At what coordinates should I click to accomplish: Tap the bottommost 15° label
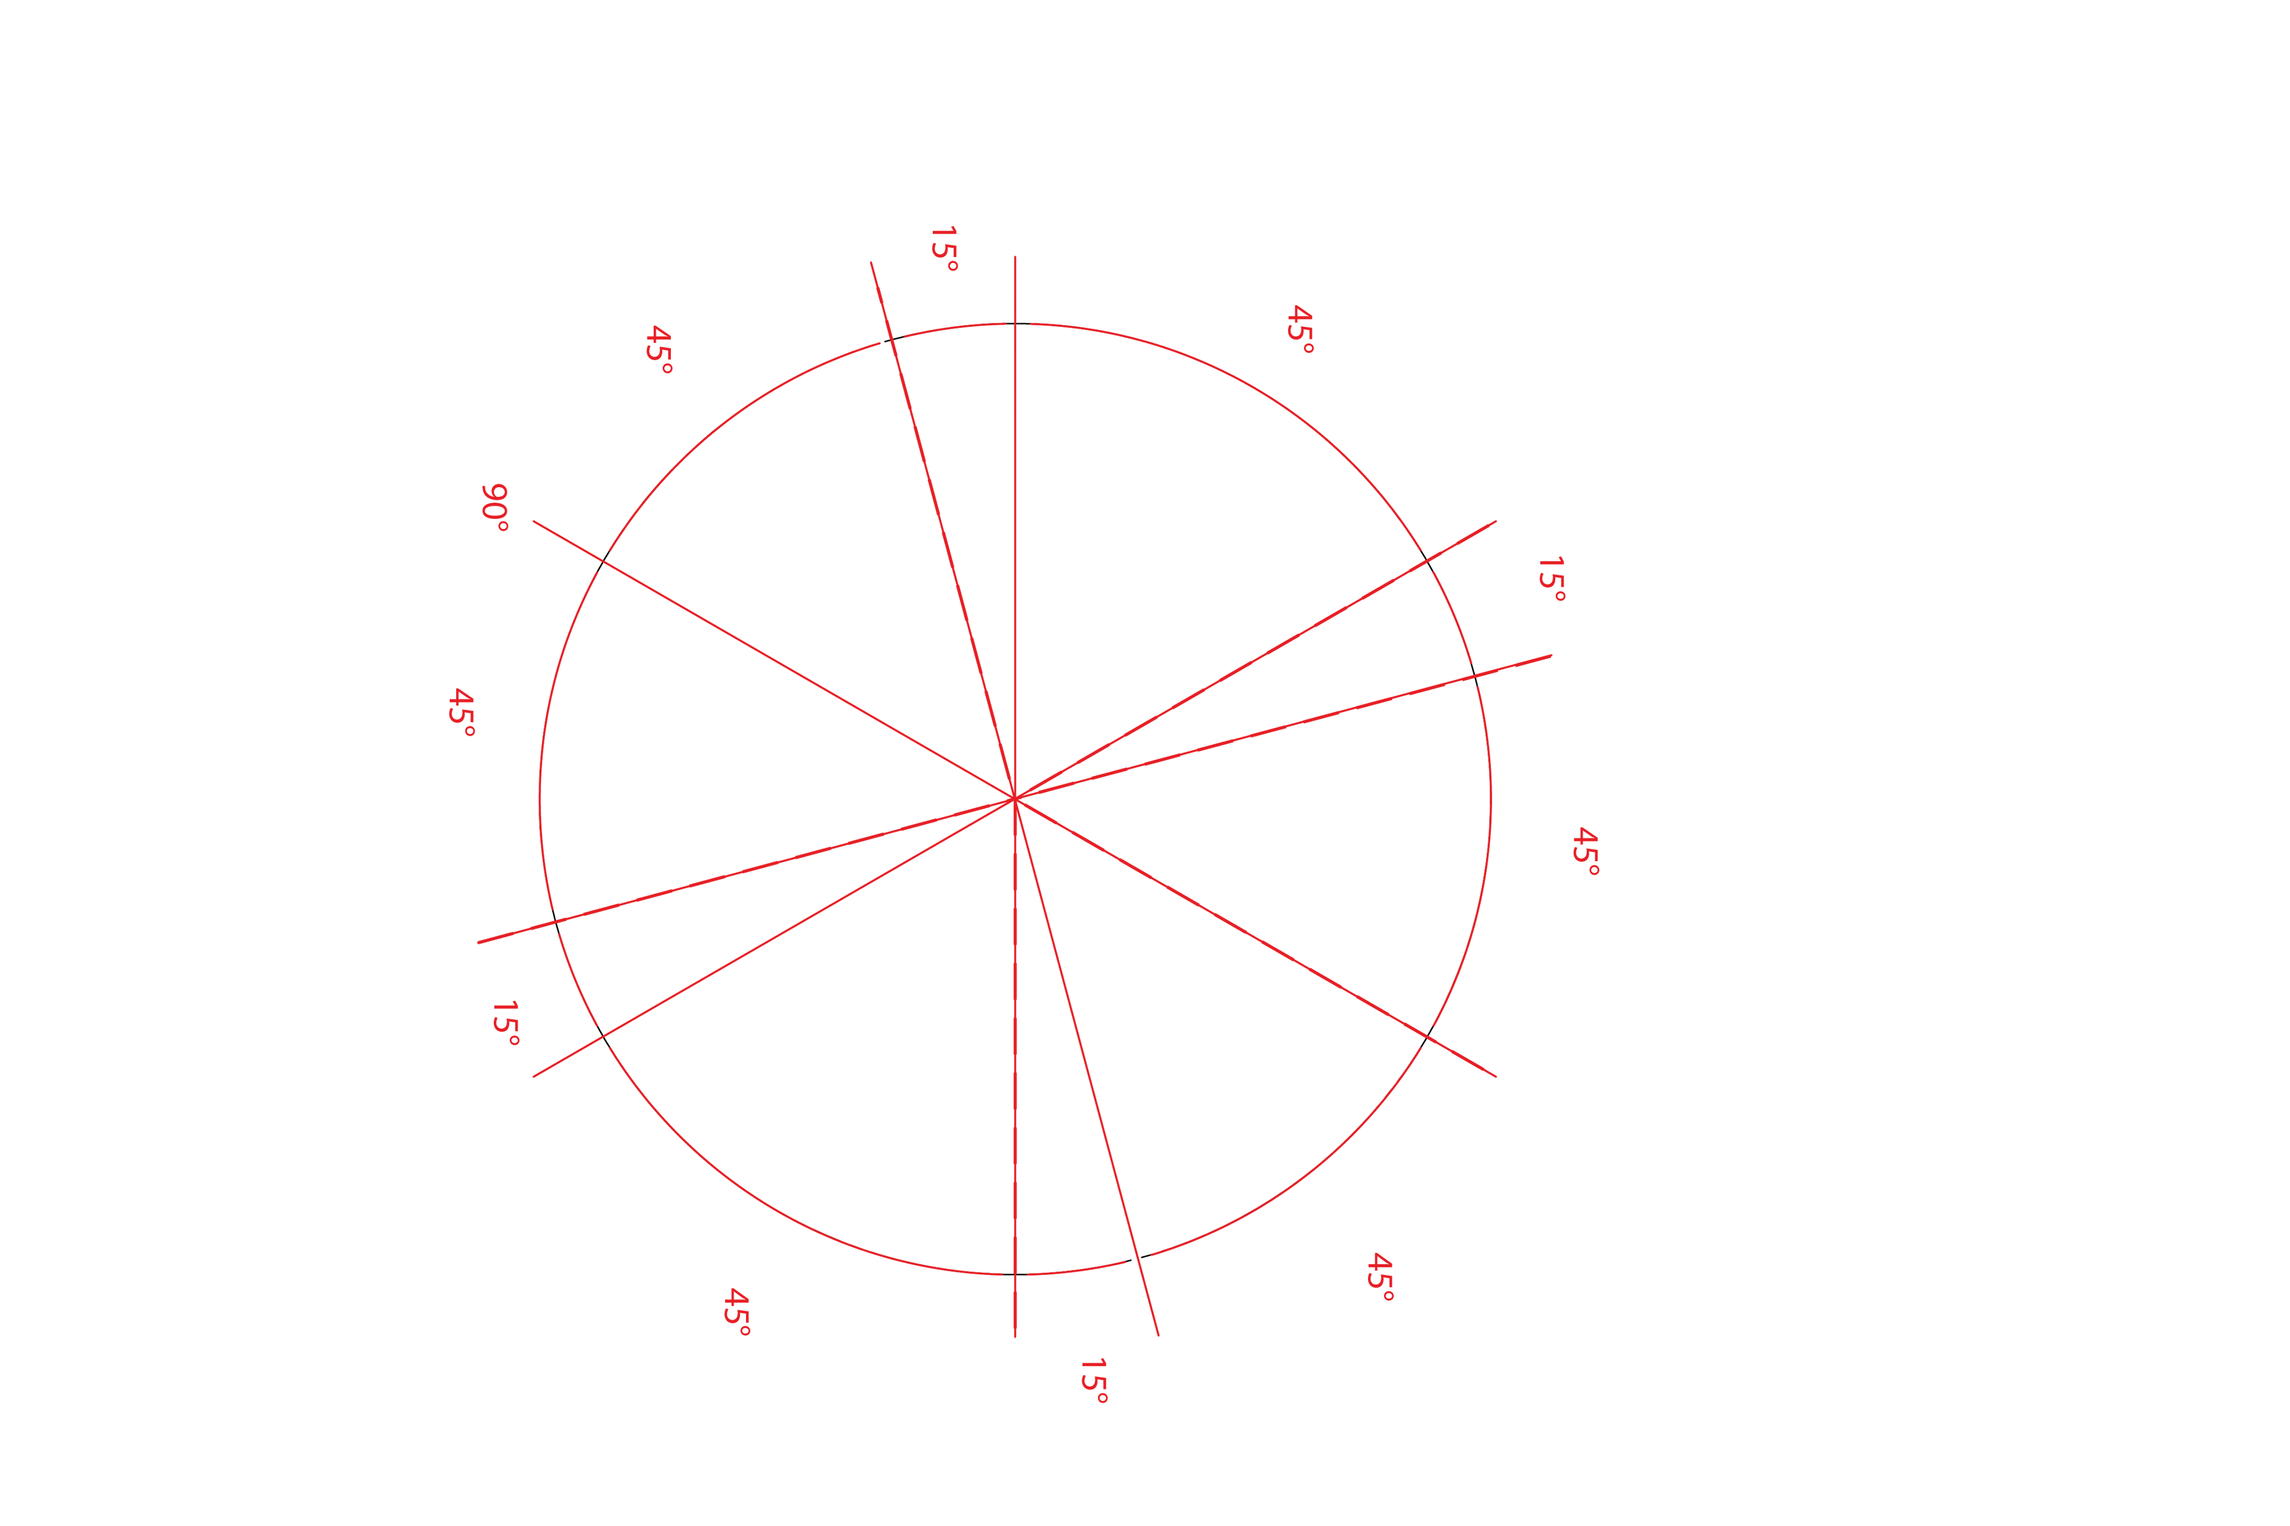(x=1093, y=1381)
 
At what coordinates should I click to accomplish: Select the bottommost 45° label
(x=736, y=1312)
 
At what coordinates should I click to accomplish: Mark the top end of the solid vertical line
(x=1015, y=257)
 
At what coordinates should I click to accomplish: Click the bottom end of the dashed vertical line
(x=1015, y=1337)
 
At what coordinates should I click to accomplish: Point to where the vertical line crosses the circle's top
(x=1015, y=323)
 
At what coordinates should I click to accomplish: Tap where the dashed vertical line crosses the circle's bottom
(x=1015, y=1274)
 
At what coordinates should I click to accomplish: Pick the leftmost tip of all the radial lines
(x=478, y=943)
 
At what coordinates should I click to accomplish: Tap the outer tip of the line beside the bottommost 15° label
(x=1158, y=1335)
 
